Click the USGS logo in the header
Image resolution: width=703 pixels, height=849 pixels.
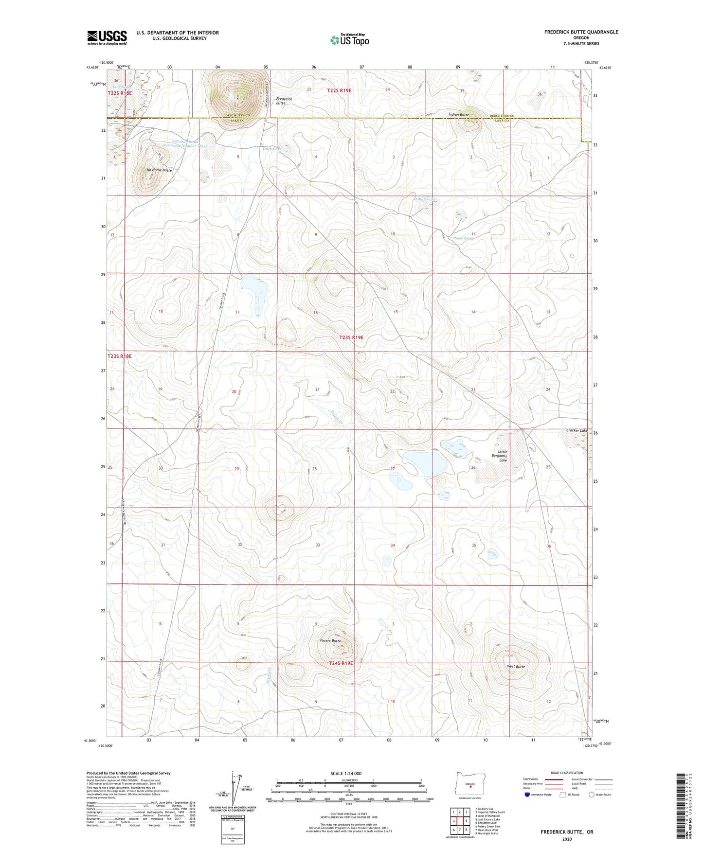pos(107,37)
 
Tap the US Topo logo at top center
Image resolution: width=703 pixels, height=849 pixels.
pos(349,40)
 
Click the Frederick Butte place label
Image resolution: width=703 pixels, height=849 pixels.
pos(284,101)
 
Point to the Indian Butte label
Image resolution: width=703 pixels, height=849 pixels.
pos(459,115)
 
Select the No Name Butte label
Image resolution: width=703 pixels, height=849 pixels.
pos(160,170)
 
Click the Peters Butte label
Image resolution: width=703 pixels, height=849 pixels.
pos(330,641)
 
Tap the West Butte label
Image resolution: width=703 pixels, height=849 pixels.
pos(516,667)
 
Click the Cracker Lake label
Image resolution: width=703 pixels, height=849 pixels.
pos(577,431)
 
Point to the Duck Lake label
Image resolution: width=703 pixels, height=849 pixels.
pos(272,149)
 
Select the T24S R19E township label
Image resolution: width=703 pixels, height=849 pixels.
pos(341,663)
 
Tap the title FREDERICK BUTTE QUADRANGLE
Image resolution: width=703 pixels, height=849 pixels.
pos(581,32)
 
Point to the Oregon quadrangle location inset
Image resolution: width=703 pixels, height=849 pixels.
pos(469,784)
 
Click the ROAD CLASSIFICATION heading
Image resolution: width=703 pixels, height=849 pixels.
pos(567,773)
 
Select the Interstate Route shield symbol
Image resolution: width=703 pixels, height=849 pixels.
pos(527,795)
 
